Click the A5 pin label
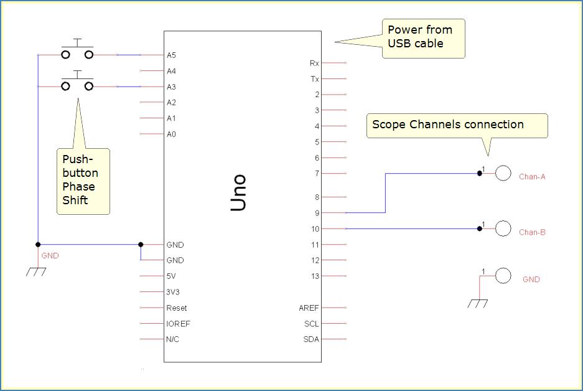pyautogui.click(x=171, y=55)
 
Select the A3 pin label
pyautogui.click(x=171, y=87)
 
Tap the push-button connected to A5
pyautogui.click(x=77, y=54)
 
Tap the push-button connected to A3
pyautogui.click(x=77, y=85)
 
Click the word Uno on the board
pyautogui.click(x=239, y=192)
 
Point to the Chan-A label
pyautogui.click(x=532, y=177)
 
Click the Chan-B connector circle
pyautogui.click(x=503, y=228)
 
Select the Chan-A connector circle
pyautogui.click(x=503, y=173)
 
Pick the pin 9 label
pyautogui.click(x=317, y=214)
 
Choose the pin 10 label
pyautogui.click(x=315, y=229)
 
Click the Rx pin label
pyautogui.click(x=314, y=64)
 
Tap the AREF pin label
pyautogui.click(x=309, y=308)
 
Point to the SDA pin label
pyautogui.click(x=310, y=339)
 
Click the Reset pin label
pyautogui.click(x=177, y=308)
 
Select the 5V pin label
pyautogui.click(x=172, y=276)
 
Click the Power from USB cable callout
pyautogui.click(x=423, y=37)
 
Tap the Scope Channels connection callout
pyautogui.click(x=457, y=125)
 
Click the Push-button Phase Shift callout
pyautogui.click(x=83, y=181)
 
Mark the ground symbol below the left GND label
pyautogui.click(x=36, y=271)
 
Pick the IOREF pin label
pyautogui.click(x=178, y=324)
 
